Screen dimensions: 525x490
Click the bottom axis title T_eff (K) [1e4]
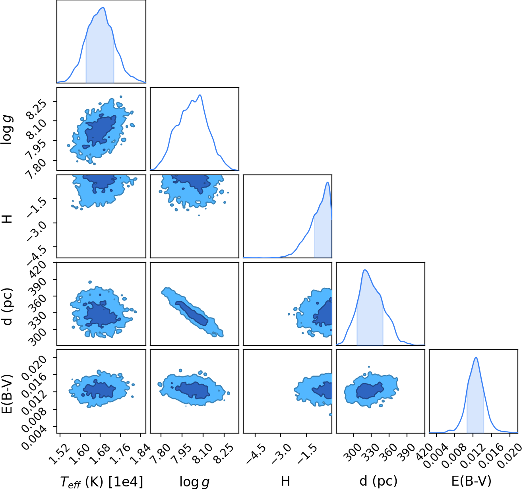click(102, 482)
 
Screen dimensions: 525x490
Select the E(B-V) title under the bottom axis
click(471, 481)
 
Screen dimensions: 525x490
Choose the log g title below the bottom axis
click(194, 482)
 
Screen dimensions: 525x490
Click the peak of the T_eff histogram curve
click(103, 8)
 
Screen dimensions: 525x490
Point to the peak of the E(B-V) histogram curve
click(476, 358)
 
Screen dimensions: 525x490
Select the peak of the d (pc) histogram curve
click(365, 270)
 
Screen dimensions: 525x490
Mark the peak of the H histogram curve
click(327, 182)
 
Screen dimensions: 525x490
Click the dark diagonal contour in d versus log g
click(192, 314)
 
